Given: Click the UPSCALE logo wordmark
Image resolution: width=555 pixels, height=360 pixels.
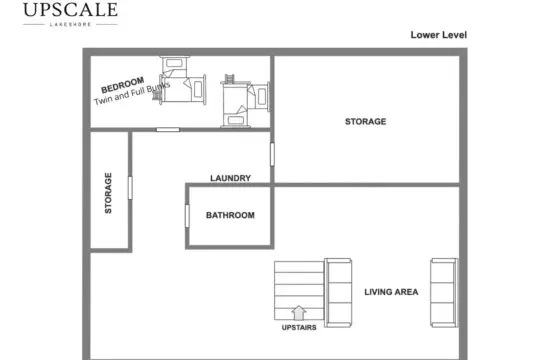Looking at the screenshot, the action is pyautogui.click(x=70, y=10).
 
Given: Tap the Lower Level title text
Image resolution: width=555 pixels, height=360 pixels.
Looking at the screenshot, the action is pyautogui.click(x=439, y=35).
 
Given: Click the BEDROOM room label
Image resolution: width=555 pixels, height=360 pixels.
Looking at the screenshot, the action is pyautogui.click(x=122, y=85).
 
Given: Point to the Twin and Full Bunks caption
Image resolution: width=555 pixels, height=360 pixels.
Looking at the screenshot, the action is pyautogui.click(x=132, y=93).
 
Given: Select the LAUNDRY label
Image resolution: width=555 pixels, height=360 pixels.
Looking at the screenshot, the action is pyautogui.click(x=230, y=178).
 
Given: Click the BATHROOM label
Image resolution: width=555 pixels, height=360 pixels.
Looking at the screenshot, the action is pyautogui.click(x=230, y=215).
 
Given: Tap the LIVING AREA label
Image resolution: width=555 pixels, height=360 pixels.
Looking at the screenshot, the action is pyautogui.click(x=391, y=292).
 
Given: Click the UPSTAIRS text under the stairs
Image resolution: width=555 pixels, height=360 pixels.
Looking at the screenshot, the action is pyautogui.click(x=299, y=327).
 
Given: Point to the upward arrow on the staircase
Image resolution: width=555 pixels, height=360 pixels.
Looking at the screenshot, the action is pyautogui.click(x=299, y=313).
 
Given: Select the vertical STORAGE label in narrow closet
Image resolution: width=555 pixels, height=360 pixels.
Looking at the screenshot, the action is pyautogui.click(x=108, y=193).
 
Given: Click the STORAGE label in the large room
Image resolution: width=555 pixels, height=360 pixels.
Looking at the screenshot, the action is pyautogui.click(x=365, y=121).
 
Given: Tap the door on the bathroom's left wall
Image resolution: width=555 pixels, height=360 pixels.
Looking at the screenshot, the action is pyautogui.click(x=187, y=216).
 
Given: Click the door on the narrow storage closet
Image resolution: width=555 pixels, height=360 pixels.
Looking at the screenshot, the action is pyautogui.click(x=130, y=188).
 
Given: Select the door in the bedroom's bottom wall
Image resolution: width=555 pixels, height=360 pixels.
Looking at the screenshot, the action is pyautogui.click(x=168, y=130).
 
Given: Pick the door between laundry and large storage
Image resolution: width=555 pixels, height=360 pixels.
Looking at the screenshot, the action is pyautogui.click(x=272, y=154).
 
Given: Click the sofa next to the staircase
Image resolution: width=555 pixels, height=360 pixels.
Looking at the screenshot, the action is pyautogui.click(x=338, y=292).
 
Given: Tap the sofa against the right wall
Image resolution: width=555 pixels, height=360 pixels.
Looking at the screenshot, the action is pyautogui.click(x=444, y=292).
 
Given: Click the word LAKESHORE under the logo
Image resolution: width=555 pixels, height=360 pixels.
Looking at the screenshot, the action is pyautogui.click(x=70, y=24).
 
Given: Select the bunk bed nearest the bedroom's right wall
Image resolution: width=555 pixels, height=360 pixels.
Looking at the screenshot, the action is pyautogui.click(x=245, y=101).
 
